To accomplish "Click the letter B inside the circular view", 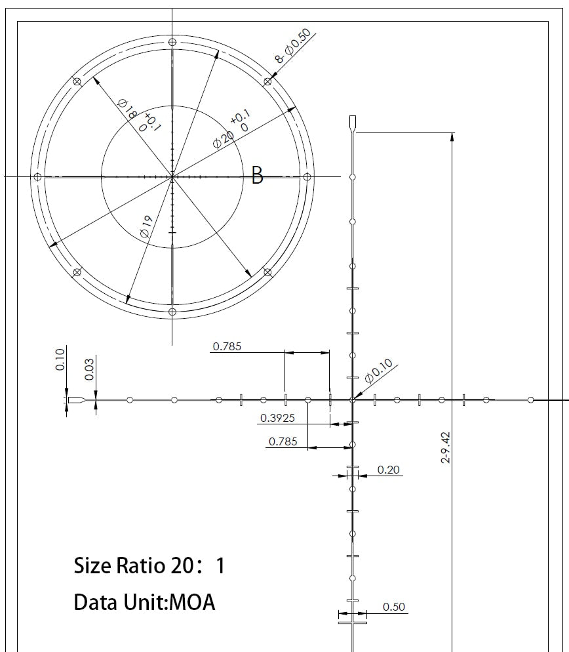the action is pyautogui.click(x=257, y=175).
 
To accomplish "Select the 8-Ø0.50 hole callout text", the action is pyautogui.click(x=293, y=45).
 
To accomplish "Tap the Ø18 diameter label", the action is pyautogui.click(x=127, y=109).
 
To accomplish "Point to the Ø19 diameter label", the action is pyautogui.click(x=147, y=226).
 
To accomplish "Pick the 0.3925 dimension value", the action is pyautogui.click(x=277, y=418).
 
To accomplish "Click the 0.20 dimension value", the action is pyautogui.click(x=388, y=470).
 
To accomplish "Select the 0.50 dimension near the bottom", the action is pyautogui.click(x=393, y=607).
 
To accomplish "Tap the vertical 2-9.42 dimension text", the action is pyautogui.click(x=446, y=448).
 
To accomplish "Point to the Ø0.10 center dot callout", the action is pyautogui.click(x=379, y=371).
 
